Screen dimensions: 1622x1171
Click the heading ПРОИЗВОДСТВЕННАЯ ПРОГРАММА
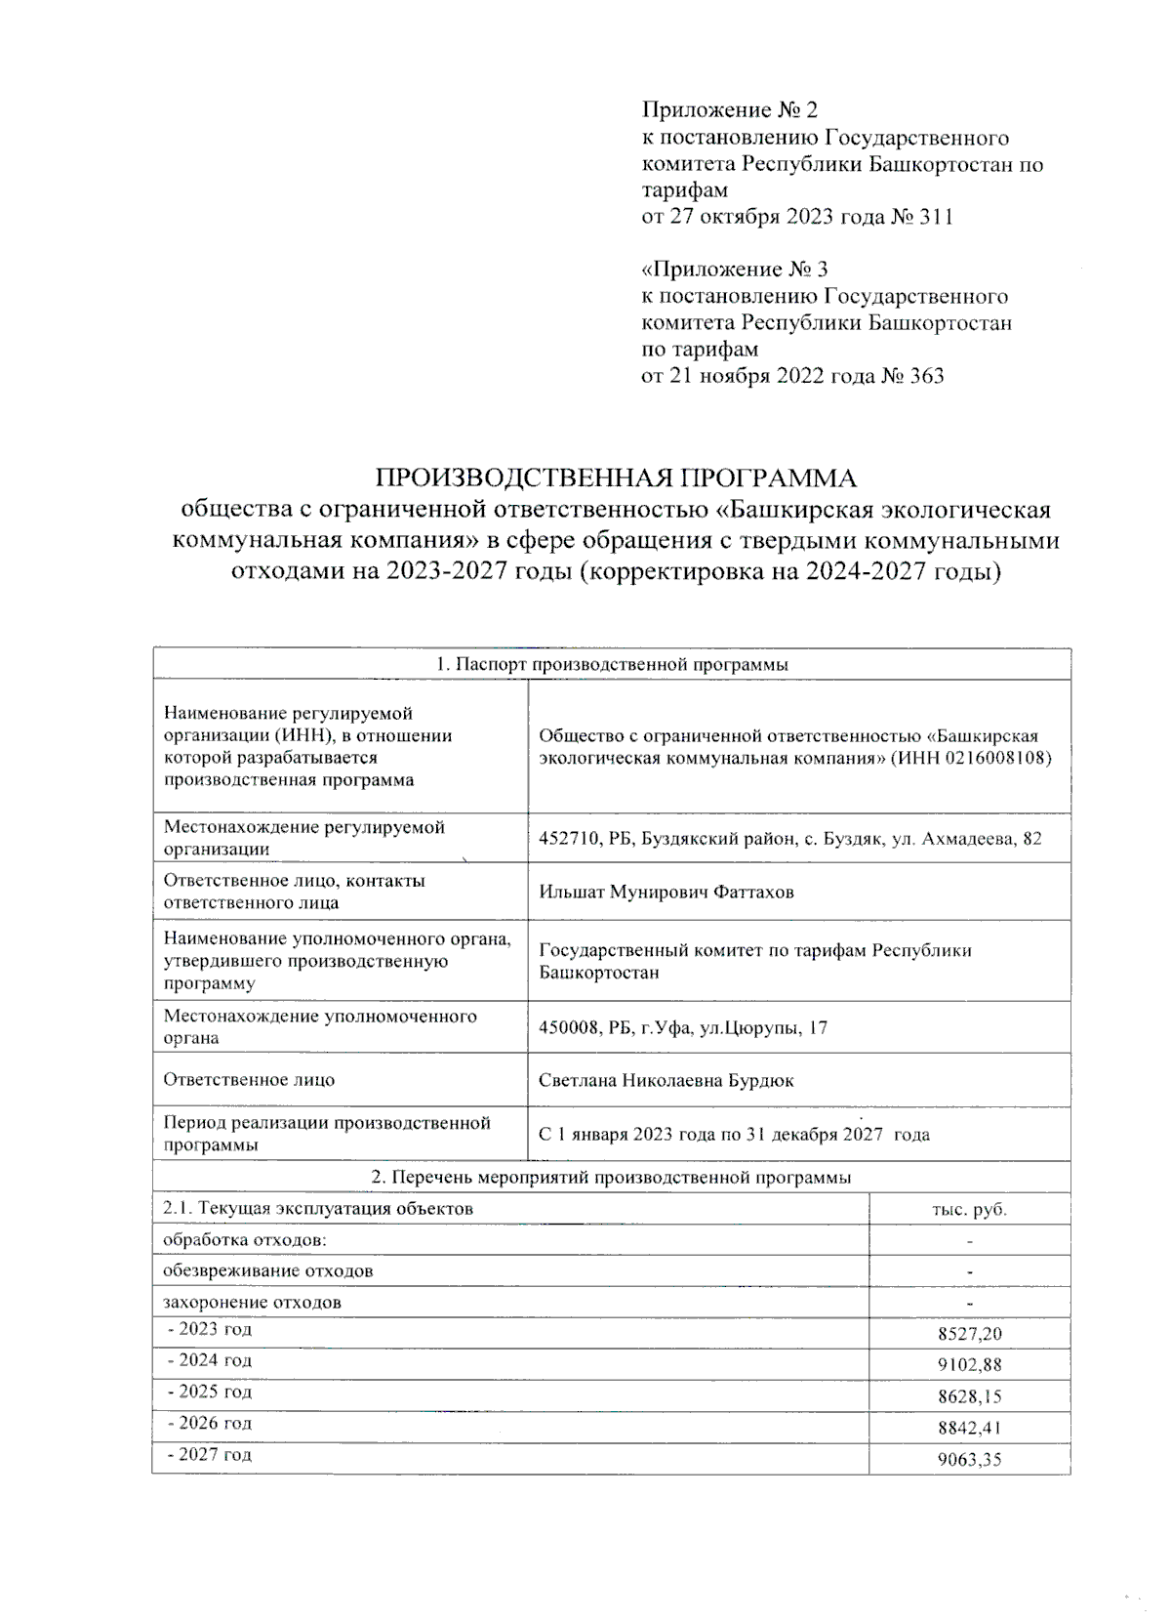click(616, 478)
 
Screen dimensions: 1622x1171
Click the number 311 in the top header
click(936, 217)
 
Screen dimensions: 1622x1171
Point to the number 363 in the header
click(926, 376)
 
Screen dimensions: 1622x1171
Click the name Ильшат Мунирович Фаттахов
click(666, 892)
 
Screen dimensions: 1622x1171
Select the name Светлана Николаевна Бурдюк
click(666, 1080)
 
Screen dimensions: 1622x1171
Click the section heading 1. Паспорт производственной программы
click(612, 664)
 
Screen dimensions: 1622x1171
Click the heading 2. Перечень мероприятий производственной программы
click(612, 1178)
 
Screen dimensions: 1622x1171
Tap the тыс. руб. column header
click(969, 1209)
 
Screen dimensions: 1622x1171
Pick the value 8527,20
click(969, 1334)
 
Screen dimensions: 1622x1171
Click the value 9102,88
click(969, 1365)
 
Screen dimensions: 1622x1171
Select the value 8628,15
click(969, 1396)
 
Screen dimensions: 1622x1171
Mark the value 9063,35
click(969, 1461)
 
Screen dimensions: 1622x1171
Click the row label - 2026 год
click(210, 1423)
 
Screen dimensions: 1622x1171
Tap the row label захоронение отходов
click(252, 1302)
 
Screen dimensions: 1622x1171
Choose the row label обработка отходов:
click(244, 1240)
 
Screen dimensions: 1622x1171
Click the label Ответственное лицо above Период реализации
click(249, 1080)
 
